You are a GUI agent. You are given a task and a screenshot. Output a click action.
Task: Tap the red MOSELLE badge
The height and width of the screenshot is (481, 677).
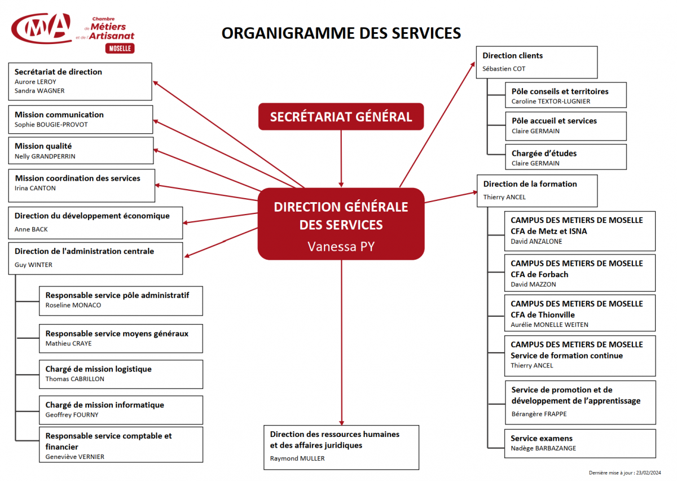120,49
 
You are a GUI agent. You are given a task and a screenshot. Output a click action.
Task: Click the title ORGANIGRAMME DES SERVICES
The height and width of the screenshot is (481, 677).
341,33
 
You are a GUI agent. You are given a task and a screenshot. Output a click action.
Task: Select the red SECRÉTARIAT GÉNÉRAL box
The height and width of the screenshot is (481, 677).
341,116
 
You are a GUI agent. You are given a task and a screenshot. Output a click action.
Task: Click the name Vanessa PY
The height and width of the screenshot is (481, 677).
341,247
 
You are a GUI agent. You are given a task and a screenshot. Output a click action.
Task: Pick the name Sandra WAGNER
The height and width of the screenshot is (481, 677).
39,91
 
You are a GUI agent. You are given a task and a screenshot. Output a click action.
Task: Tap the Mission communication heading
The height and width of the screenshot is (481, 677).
59,115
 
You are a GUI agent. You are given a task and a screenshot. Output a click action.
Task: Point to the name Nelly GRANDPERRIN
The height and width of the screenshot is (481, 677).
45,156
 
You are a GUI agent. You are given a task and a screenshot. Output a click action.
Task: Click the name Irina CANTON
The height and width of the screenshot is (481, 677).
35,188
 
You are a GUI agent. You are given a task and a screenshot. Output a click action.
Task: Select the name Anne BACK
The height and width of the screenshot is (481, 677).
31,229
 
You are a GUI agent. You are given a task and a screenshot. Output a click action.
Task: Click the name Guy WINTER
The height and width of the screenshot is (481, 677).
33,265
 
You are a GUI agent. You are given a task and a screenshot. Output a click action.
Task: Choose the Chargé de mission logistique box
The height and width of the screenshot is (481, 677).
121,374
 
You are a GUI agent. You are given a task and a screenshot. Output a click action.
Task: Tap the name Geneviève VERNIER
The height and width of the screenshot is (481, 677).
75,457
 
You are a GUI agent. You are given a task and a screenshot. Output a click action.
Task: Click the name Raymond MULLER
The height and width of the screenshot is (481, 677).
297,458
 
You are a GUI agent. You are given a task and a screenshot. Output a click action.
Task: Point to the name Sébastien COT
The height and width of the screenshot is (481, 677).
504,69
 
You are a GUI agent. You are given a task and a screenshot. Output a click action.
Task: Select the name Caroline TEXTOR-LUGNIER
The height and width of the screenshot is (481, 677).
551,102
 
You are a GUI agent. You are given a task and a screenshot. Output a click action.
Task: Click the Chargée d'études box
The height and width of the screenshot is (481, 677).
566,157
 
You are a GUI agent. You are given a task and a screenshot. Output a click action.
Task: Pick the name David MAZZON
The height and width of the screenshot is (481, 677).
533,285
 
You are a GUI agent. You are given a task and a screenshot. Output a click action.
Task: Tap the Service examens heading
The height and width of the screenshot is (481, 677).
542,438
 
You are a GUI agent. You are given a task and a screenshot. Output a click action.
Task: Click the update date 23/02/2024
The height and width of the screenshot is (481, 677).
649,473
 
